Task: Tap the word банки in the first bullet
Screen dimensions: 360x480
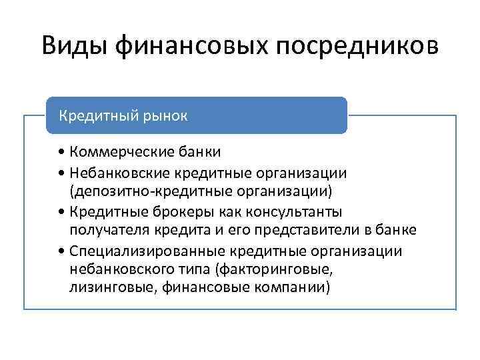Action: [x=197, y=153]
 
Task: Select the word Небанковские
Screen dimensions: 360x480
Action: [x=119, y=173]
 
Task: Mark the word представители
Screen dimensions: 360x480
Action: [x=312, y=231]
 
